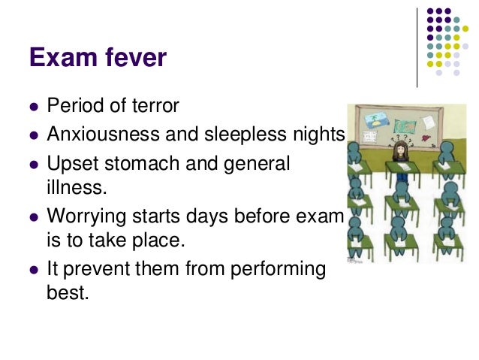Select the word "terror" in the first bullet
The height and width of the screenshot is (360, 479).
click(155, 105)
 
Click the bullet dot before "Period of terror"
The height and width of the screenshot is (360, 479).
click(33, 107)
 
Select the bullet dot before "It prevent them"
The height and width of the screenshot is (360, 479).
click(33, 270)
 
